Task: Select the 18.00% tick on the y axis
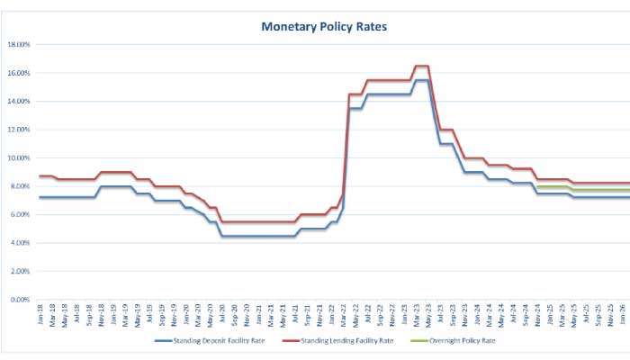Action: point(19,44)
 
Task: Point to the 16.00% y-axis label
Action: point(19,73)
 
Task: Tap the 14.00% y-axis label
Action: point(19,101)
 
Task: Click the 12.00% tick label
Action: point(19,130)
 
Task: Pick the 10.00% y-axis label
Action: point(19,157)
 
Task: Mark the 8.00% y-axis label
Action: point(20,186)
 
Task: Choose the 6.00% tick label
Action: point(20,214)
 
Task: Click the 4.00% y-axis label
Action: point(20,243)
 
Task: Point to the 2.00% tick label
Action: point(20,271)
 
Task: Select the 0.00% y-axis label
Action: point(20,300)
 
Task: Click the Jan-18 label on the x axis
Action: point(40,314)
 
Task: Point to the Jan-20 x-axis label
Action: point(187,314)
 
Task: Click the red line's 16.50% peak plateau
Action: point(420,66)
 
